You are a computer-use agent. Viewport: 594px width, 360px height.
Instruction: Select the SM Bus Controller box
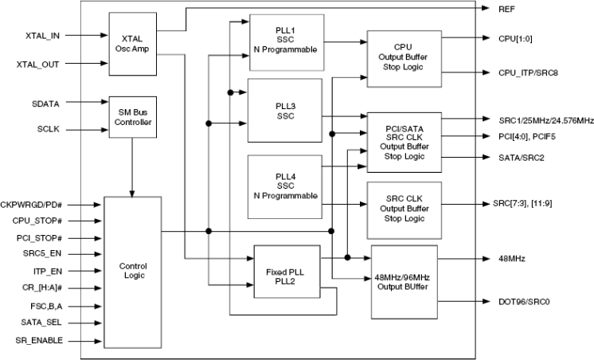pos(131,117)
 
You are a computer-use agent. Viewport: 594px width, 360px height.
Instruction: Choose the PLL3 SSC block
pos(285,111)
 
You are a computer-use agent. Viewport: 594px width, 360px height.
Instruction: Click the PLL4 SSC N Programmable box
pos(285,186)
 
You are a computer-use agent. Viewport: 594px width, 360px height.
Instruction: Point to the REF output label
pos(506,8)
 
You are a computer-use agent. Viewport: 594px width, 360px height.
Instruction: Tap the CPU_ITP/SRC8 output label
pos(529,72)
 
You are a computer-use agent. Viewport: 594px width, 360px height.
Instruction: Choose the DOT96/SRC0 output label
pos(526,302)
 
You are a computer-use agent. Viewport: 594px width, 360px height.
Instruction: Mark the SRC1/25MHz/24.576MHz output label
pos(541,119)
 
